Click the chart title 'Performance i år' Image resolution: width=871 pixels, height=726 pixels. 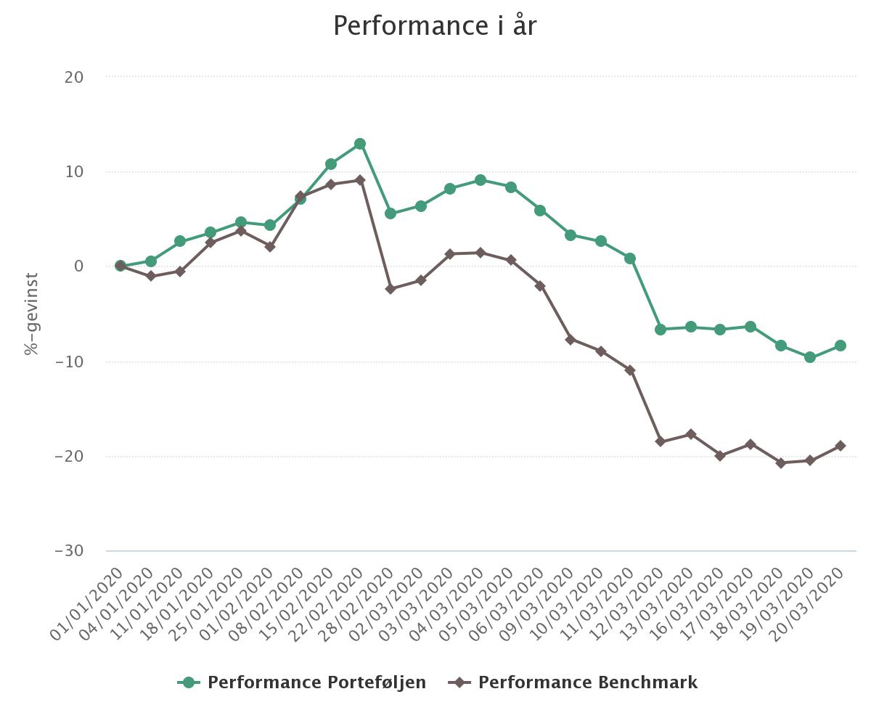pyautogui.click(x=435, y=26)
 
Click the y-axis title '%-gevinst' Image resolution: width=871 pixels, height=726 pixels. pyautogui.click(x=31, y=314)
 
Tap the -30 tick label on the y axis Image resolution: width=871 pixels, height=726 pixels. pyautogui.click(x=69, y=551)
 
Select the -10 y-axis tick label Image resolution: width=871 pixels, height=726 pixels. pyautogui.click(x=69, y=362)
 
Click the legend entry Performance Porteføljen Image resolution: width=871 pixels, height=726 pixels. pyautogui.click(x=302, y=682)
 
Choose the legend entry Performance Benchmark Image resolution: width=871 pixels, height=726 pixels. pyautogui.click(x=573, y=682)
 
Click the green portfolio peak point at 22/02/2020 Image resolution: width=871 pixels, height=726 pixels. pyautogui.click(x=360, y=144)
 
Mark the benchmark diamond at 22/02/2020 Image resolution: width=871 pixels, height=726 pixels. pyautogui.click(x=360, y=180)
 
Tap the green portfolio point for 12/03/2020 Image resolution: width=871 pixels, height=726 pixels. pyautogui.click(x=661, y=330)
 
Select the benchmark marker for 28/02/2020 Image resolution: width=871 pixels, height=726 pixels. pyautogui.click(x=390, y=289)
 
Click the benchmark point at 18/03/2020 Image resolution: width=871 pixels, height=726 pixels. pyautogui.click(x=781, y=463)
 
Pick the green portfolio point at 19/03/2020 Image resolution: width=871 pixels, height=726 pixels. pyautogui.click(x=810, y=357)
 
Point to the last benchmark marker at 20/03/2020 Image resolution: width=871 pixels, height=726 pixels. pyautogui.click(x=841, y=446)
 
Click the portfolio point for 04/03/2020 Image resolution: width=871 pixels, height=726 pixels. pyautogui.click(x=481, y=180)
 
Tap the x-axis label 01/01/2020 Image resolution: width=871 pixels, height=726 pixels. pyautogui.click(x=88, y=605)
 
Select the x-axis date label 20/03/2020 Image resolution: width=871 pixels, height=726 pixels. pyautogui.click(x=808, y=605)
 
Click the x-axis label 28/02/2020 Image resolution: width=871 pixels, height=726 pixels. pyautogui.click(x=358, y=605)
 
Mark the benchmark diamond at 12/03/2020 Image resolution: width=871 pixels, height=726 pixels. pyautogui.click(x=661, y=441)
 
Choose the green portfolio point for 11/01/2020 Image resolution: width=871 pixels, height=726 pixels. pyautogui.click(x=180, y=241)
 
